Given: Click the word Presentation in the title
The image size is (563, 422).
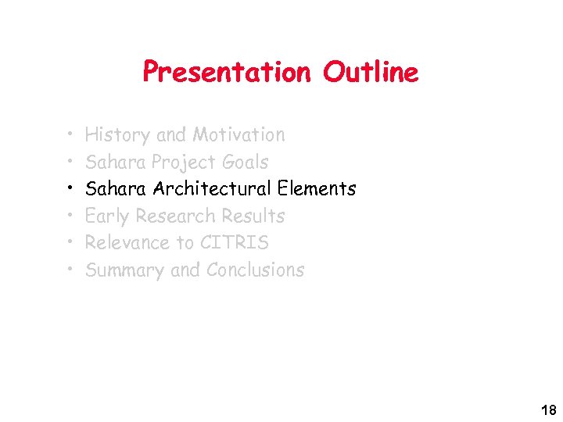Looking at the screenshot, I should coord(227,73).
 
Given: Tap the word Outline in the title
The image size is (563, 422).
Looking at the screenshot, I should coord(371,73).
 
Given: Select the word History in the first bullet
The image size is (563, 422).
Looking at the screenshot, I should coord(117,135).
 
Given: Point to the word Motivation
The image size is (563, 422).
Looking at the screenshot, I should coord(238,135).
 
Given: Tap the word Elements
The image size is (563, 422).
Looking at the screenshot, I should coord(317,189).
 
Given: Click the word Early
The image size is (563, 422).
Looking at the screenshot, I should coord(107,216).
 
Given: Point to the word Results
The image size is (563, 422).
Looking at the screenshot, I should coord(253,216).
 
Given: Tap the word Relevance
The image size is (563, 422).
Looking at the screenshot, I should coord(127,243).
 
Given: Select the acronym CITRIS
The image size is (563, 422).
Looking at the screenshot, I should coord(234,243).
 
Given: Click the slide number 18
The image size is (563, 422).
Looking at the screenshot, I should coord(547,410).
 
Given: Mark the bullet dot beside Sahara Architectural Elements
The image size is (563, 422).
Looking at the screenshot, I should coord(69,189).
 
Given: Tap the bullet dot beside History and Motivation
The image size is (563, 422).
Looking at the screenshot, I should coord(69,135).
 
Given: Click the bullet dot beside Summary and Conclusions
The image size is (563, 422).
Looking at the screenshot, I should coord(69,270).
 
